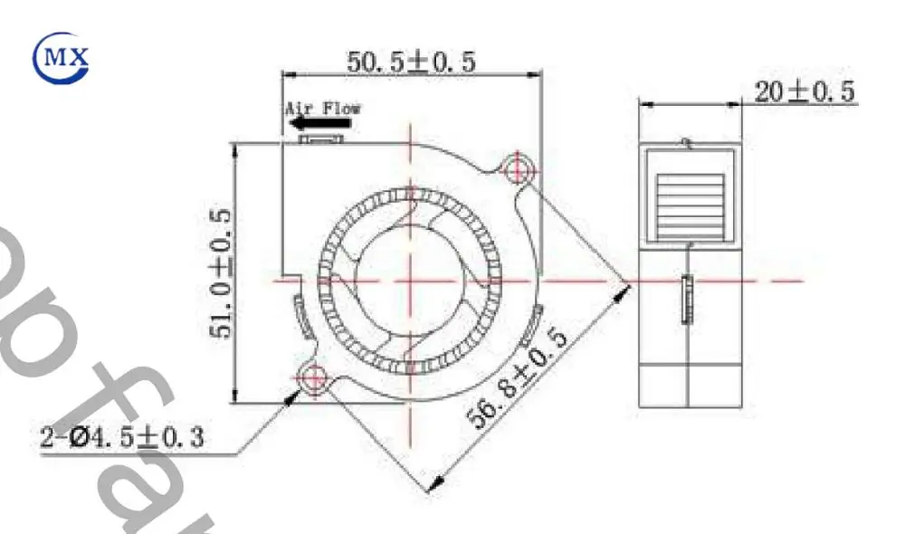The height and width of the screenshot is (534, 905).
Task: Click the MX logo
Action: [62, 58]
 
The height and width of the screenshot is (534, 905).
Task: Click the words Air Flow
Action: [323, 108]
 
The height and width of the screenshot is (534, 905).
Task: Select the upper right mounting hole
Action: [518, 167]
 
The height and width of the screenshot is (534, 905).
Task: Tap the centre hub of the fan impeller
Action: [409, 280]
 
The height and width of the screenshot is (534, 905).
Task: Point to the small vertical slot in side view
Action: [685, 299]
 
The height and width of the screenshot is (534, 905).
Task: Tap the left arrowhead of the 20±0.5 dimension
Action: [644, 103]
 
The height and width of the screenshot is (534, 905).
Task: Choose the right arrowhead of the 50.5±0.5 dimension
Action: [535, 74]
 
